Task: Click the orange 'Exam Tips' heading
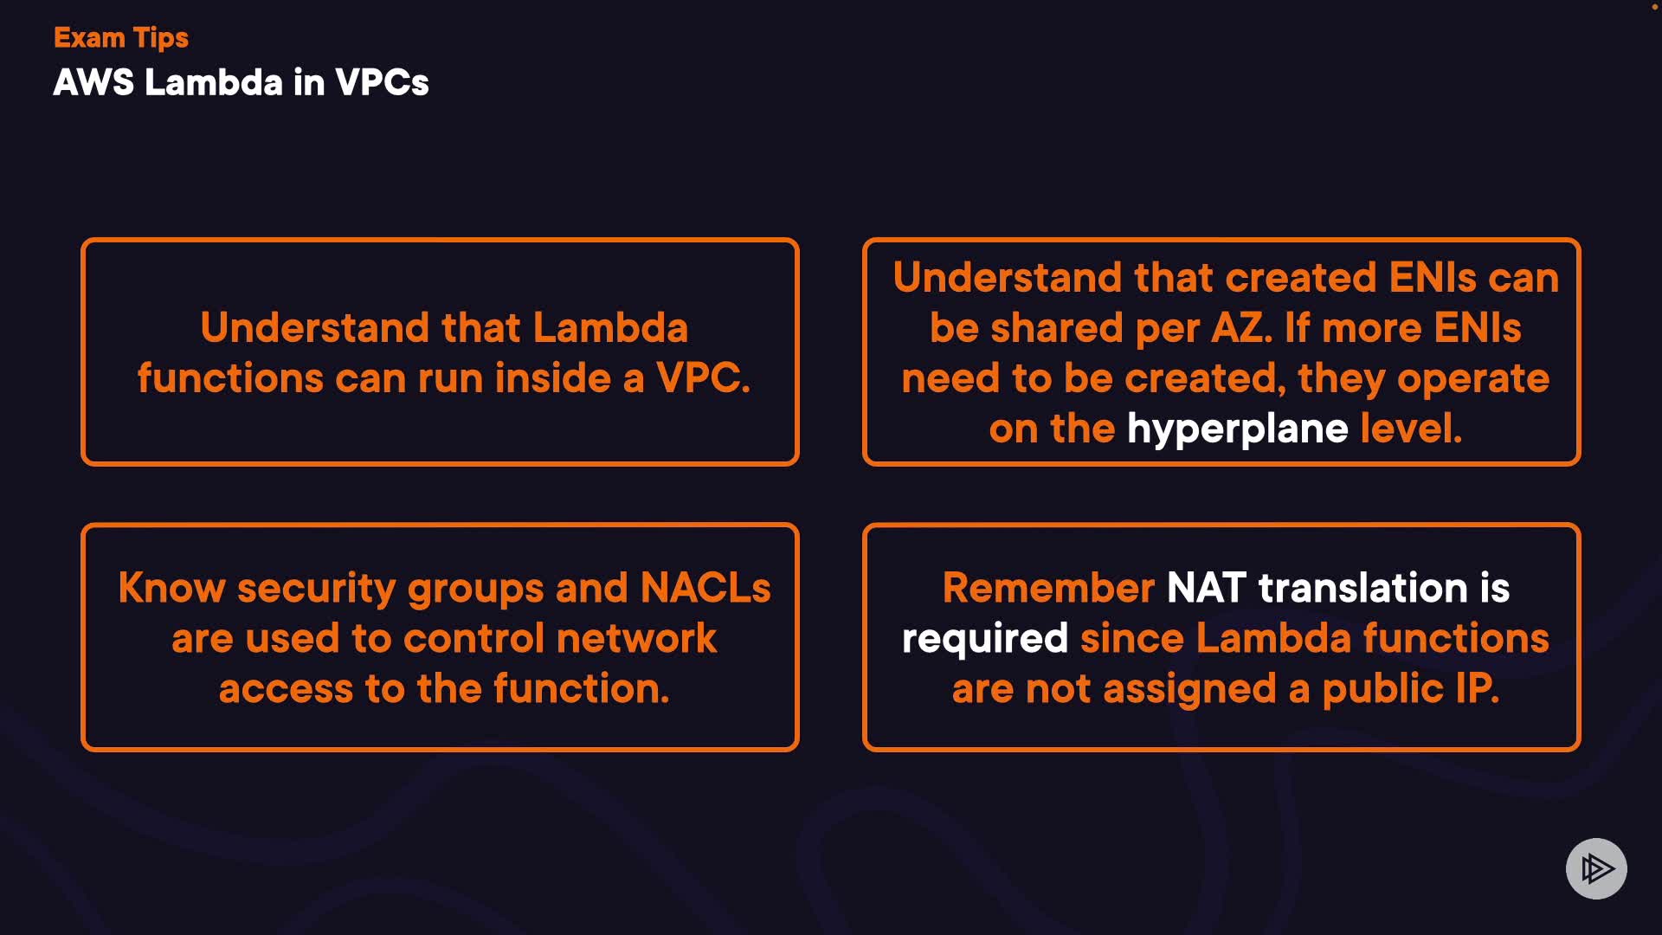[x=121, y=38]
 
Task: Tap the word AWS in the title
[x=93, y=82]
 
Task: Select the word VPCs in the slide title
[x=382, y=82]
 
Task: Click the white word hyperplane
[x=1237, y=429]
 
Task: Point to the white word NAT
[x=1207, y=588]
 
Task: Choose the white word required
[x=985, y=640]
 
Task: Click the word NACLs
[x=705, y=588]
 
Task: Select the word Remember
[x=1048, y=588]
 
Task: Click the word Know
[x=171, y=588]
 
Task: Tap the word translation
[x=1363, y=588]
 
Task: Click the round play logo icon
[x=1596, y=868]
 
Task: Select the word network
[x=636, y=639]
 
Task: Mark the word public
[x=1383, y=690]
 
